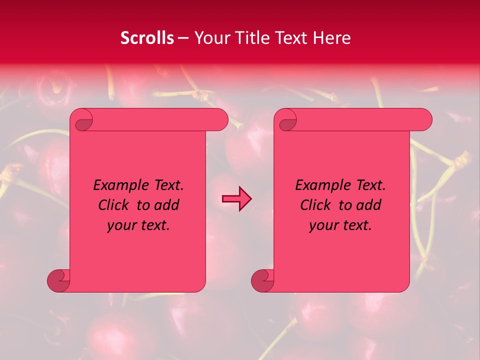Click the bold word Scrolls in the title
[147, 38]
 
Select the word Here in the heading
[332, 38]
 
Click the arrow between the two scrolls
[236, 199]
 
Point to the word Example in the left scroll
[119, 185]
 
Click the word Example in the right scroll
[321, 185]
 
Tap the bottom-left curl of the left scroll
[58, 280]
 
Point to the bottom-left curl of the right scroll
[262, 280]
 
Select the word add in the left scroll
[167, 205]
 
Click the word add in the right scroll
[369, 205]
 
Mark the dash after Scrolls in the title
[183, 38]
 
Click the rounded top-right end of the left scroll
[220, 120]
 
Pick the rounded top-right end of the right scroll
[424, 120]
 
